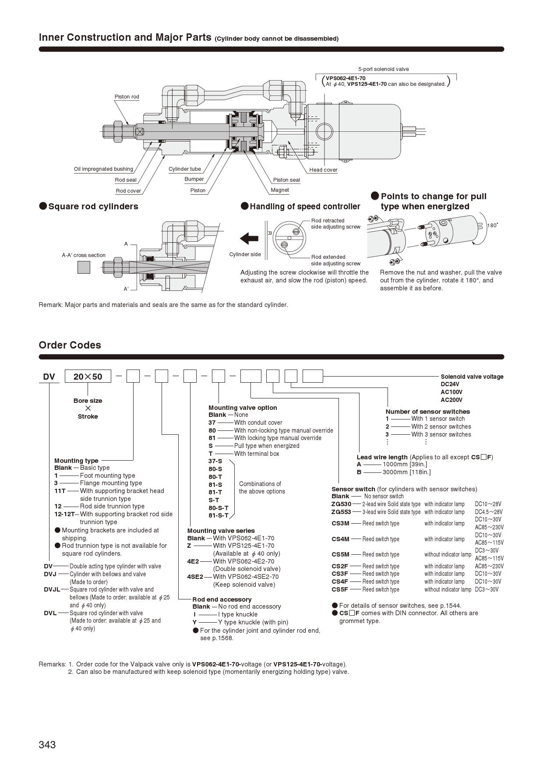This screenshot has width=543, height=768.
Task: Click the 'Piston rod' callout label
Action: [127, 97]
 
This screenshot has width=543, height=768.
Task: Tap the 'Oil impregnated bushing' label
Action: [103, 169]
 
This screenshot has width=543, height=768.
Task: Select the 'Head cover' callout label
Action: [323, 170]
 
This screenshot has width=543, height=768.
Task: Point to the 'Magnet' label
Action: [280, 190]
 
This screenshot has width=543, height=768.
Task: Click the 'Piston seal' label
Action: [286, 180]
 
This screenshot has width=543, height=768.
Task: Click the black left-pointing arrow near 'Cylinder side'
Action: [249, 239]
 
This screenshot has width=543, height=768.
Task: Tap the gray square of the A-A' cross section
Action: [84, 267]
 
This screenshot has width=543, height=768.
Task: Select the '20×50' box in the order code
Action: [88, 377]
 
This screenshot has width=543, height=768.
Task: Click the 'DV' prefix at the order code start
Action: [49, 377]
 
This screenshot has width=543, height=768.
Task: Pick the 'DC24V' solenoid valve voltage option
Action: [450, 384]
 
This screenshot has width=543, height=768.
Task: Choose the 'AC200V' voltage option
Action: [451, 400]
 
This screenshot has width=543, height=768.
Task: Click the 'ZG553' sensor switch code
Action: [341, 512]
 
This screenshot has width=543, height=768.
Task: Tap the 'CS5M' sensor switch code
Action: [340, 554]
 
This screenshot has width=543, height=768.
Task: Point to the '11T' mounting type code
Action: [60, 491]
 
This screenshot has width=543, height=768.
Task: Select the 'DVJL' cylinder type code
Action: [52, 589]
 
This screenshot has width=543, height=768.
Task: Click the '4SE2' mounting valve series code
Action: [195, 577]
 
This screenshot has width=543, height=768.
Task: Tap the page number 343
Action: [47, 745]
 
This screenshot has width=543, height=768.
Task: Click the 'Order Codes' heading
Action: [70, 345]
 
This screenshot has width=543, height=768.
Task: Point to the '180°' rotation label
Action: [493, 225]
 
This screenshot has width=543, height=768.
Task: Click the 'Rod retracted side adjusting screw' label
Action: [335, 224]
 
